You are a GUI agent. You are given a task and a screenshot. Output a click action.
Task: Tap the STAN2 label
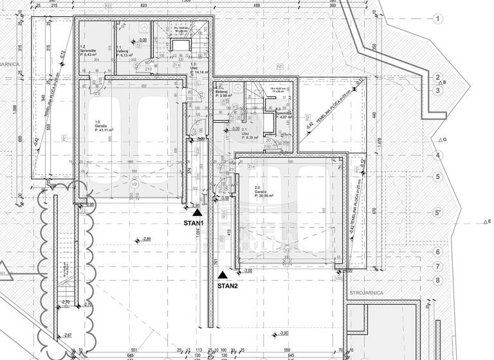click(228, 286)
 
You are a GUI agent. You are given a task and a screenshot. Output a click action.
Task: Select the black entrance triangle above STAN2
click(223, 274)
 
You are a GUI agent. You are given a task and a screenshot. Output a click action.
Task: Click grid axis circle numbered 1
click(437, 19)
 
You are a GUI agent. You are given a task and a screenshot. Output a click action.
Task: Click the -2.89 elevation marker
click(146, 239)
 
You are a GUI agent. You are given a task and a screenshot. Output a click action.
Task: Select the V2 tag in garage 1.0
click(134, 184)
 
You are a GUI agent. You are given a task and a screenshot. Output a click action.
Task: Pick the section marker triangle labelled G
click(438, 140)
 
